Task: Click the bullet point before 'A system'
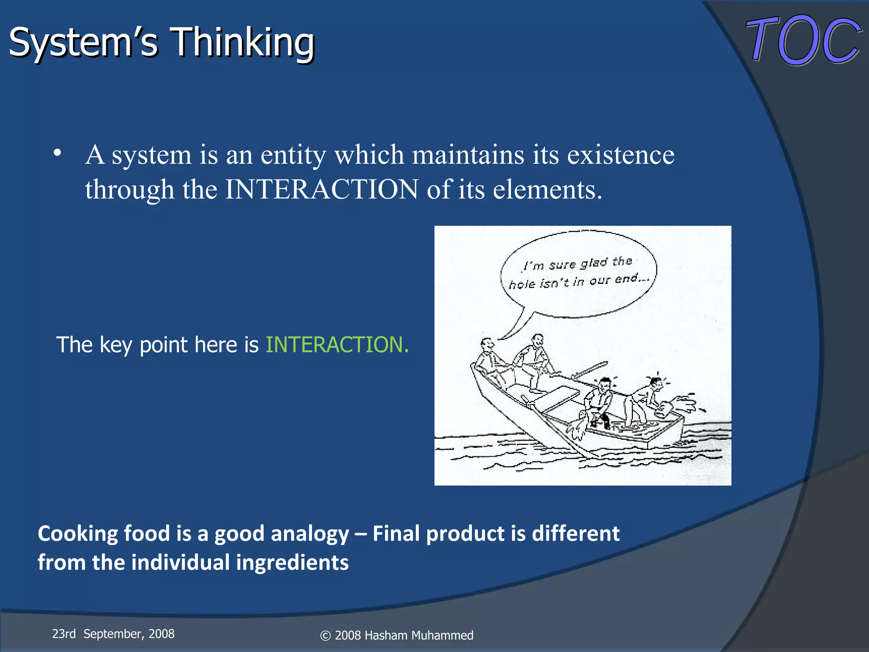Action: [x=58, y=153]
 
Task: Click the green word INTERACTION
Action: [x=337, y=344]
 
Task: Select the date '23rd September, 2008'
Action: [x=113, y=634]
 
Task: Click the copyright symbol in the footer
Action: [x=325, y=636]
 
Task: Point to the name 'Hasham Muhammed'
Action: [x=419, y=635]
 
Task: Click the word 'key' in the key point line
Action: [x=115, y=345]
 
